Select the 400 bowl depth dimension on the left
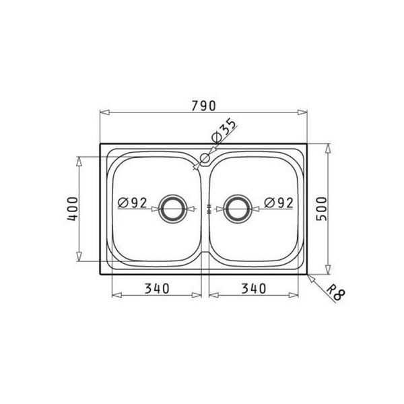pos(73,209)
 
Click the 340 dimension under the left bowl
pos(156,288)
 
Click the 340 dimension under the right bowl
pos(252,288)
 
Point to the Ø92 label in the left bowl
pos(132,202)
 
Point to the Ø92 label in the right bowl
pos(277,202)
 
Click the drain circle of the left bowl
pos(174,209)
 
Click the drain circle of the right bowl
pos(237,209)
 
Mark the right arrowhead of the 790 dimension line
pos(306,112)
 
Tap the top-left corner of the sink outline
pos(100,143)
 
